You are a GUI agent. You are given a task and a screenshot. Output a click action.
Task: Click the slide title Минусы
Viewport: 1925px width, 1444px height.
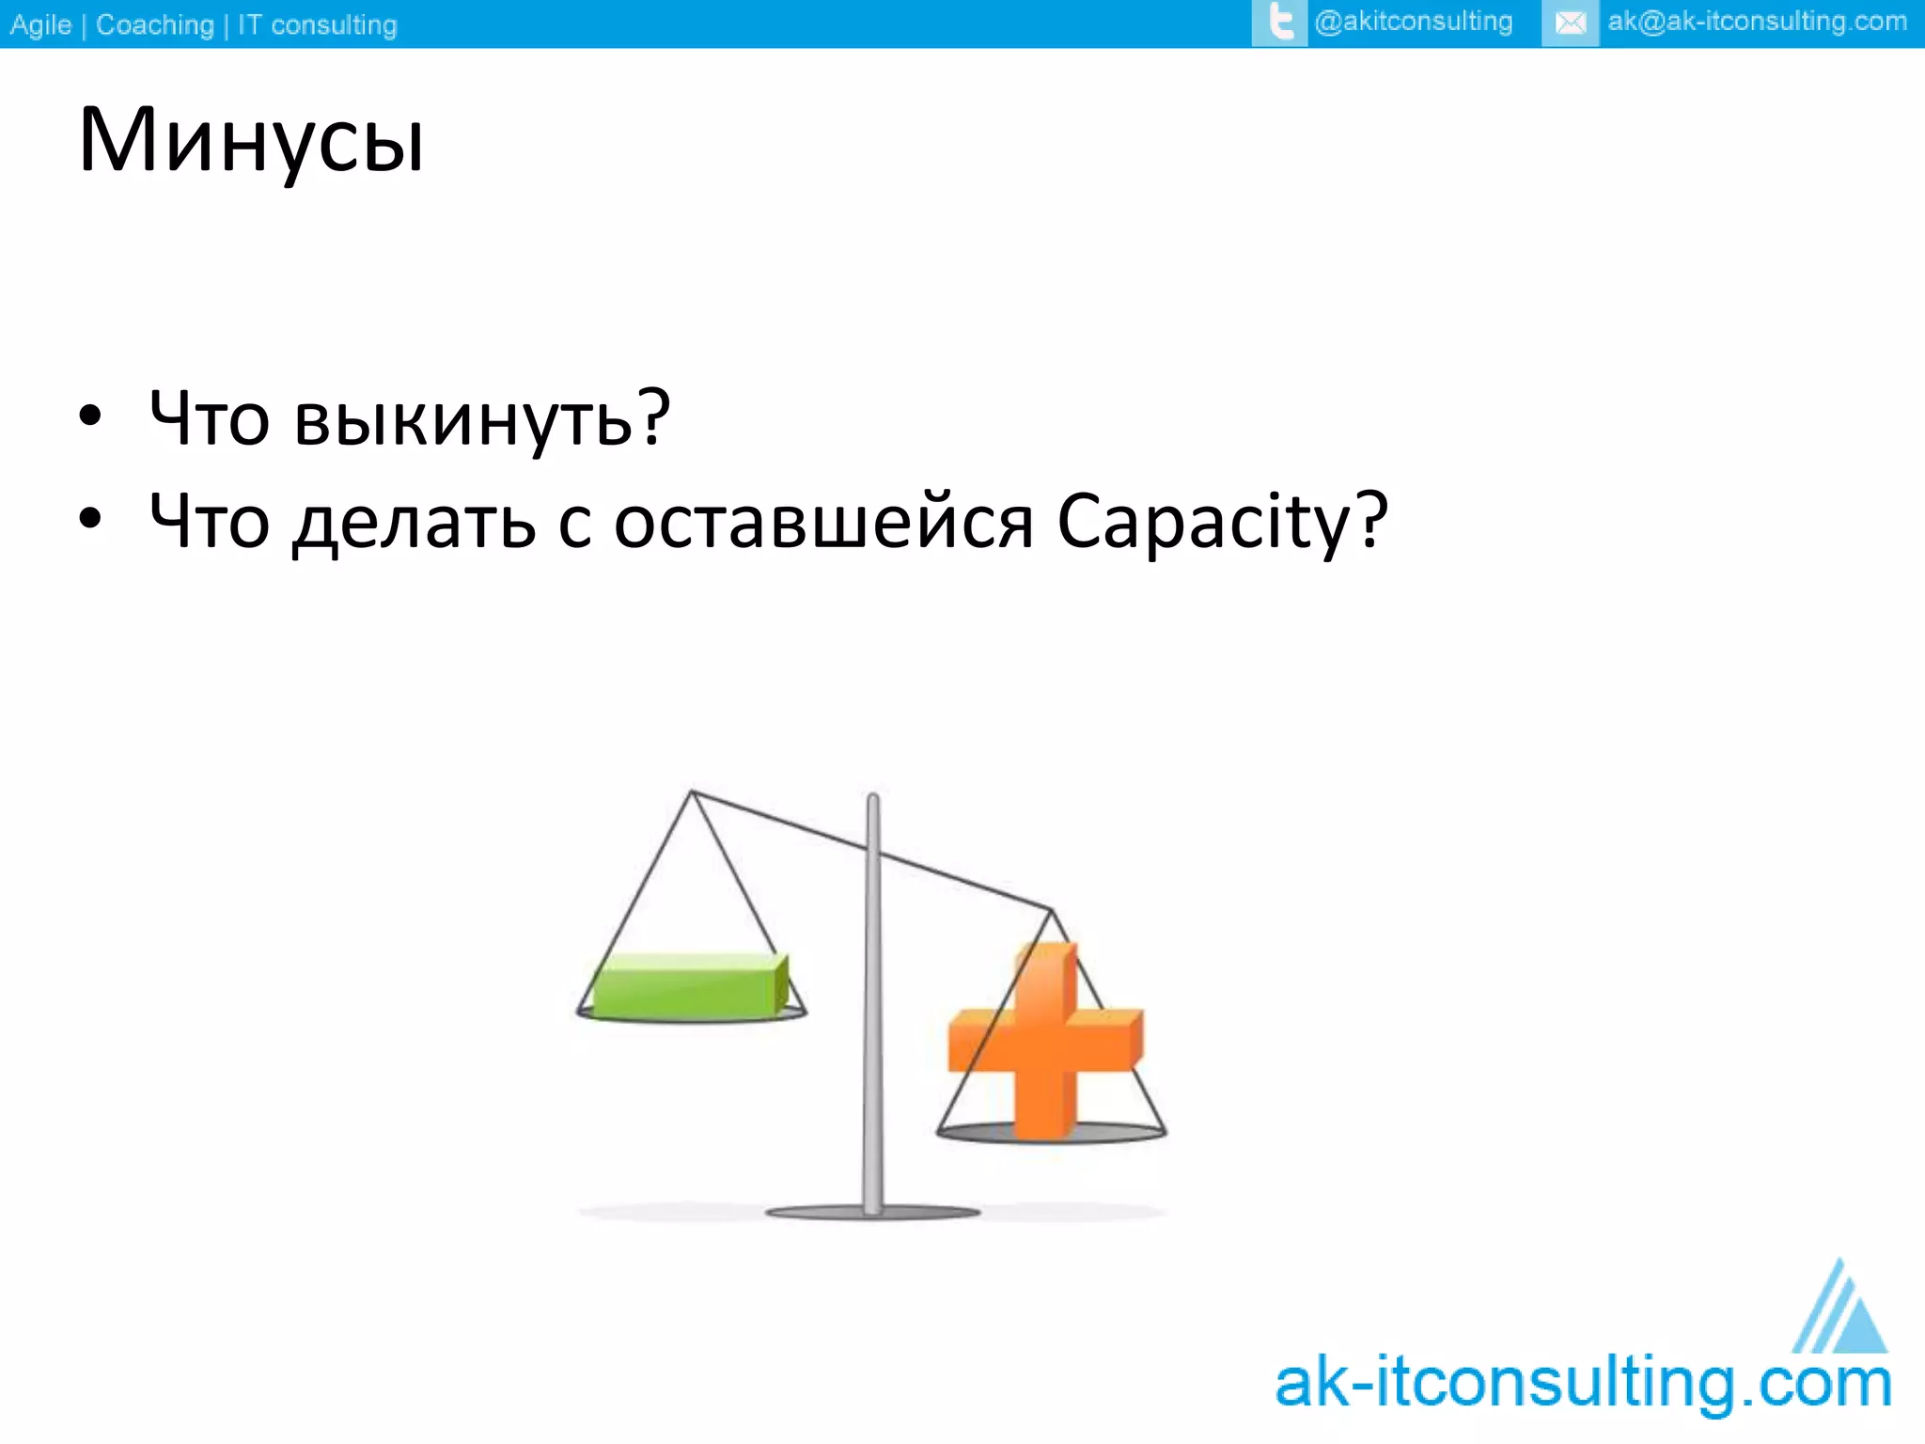(x=251, y=141)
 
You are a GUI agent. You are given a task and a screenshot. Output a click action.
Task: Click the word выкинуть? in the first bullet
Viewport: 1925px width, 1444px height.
(x=481, y=418)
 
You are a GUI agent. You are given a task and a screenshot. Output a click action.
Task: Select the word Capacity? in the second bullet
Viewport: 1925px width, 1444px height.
(x=1222, y=522)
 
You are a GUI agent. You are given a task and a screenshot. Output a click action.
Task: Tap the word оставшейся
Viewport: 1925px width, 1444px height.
(x=823, y=522)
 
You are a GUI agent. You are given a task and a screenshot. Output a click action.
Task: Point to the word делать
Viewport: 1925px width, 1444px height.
(x=414, y=523)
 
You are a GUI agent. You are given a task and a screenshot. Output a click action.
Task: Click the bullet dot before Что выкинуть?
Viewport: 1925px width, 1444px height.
(x=90, y=416)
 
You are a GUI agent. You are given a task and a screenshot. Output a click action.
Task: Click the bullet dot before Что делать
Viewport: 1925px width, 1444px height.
(x=90, y=519)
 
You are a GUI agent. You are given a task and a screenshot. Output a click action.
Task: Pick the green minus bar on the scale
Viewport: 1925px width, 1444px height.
(x=689, y=985)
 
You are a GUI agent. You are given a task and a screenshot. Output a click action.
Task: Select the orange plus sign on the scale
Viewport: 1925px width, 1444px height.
(x=1045, y=1042)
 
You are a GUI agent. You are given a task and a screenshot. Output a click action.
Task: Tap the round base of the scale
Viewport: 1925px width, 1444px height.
(x=872, y=1213)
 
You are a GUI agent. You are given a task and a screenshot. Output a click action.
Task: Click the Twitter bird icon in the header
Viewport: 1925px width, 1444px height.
(x=1279, y=23)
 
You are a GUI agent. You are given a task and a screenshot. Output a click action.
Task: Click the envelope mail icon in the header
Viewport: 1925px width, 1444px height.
(x=1570, y=23)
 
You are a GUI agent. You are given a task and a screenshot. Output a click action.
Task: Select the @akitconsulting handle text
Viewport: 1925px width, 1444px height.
(x=1414, y=22)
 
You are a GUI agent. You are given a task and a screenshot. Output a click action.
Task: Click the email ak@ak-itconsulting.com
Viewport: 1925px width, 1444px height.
(x=1756, y=22)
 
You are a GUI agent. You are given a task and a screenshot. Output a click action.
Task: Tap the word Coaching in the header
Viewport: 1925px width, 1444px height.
(x=155, y=24)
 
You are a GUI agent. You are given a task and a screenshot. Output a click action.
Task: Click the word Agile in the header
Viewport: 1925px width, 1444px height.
(x=40, y=24)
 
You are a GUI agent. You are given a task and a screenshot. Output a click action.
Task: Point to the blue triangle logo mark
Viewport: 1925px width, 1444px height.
(x=1840, y=1311)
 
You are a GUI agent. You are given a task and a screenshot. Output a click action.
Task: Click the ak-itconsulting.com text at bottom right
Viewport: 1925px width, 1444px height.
(x=1583, y=1384)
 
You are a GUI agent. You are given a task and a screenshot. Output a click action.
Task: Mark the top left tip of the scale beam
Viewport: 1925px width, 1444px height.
(x=692, y=792)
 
